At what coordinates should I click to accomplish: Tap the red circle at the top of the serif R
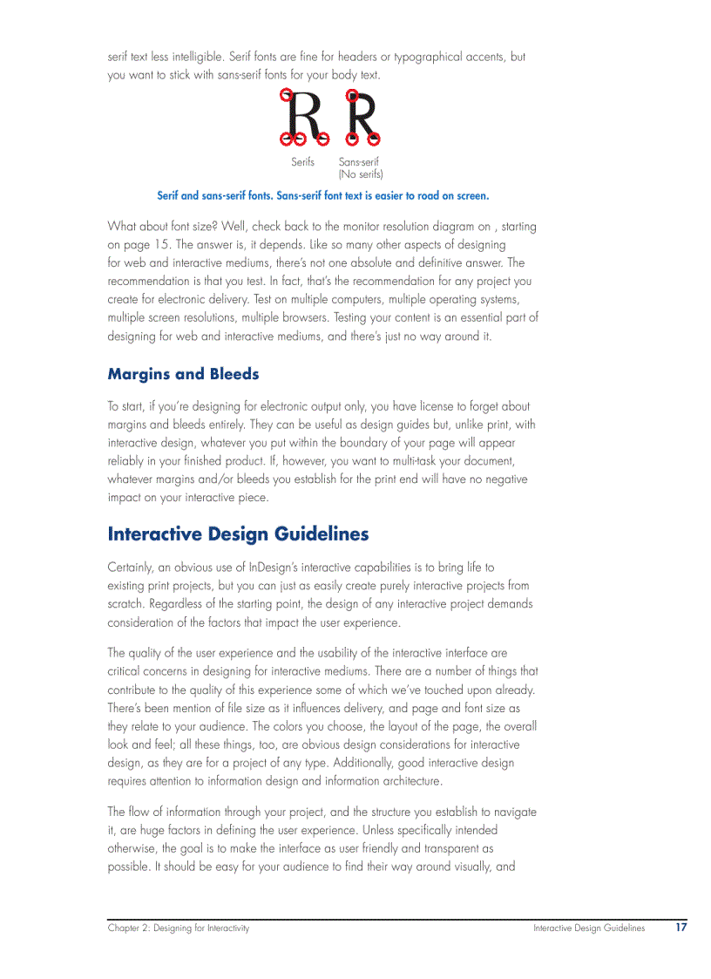coord(285,94)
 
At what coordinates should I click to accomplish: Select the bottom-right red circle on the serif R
coord(322,138)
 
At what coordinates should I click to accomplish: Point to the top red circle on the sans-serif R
coord(351,94)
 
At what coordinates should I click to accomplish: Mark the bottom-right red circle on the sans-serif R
coord(374,138)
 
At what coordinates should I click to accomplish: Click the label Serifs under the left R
coord(302,162)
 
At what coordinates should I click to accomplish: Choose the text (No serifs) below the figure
coord(360,174)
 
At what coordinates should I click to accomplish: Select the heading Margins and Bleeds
coord(183,374)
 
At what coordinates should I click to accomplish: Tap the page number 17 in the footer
coord(681,928)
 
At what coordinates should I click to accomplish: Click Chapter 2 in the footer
coord(128,928)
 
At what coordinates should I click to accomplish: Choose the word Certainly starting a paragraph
coord(131,568)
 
